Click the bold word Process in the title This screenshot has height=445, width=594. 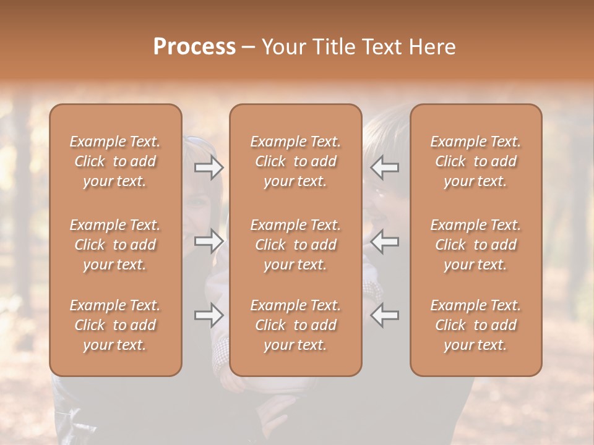tap(194, 47)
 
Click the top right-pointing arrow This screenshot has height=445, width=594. tap(209, 167)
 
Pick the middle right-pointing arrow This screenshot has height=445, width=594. tap(209, 241)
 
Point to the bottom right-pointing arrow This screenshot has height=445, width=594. tap(209, 315)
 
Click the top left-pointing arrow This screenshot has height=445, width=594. tap(385, 167)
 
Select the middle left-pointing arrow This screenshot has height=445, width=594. tap(385, 241)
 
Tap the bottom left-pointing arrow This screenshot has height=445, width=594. tap(385, 315)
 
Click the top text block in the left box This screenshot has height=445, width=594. tap(115, 161)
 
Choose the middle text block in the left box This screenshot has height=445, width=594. tap(115, 245)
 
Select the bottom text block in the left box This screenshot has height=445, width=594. tap(115, 325)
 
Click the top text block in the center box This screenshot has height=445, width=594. tap(296, 161)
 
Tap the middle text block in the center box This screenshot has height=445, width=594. tap(296, 245)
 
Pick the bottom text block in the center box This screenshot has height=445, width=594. tap(296, 325)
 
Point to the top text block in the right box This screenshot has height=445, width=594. tap(476, 161)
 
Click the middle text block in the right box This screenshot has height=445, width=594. tap(476, 245)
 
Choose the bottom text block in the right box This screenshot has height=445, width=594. tap(476, 325)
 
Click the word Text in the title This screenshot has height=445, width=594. tap(381, 47)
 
